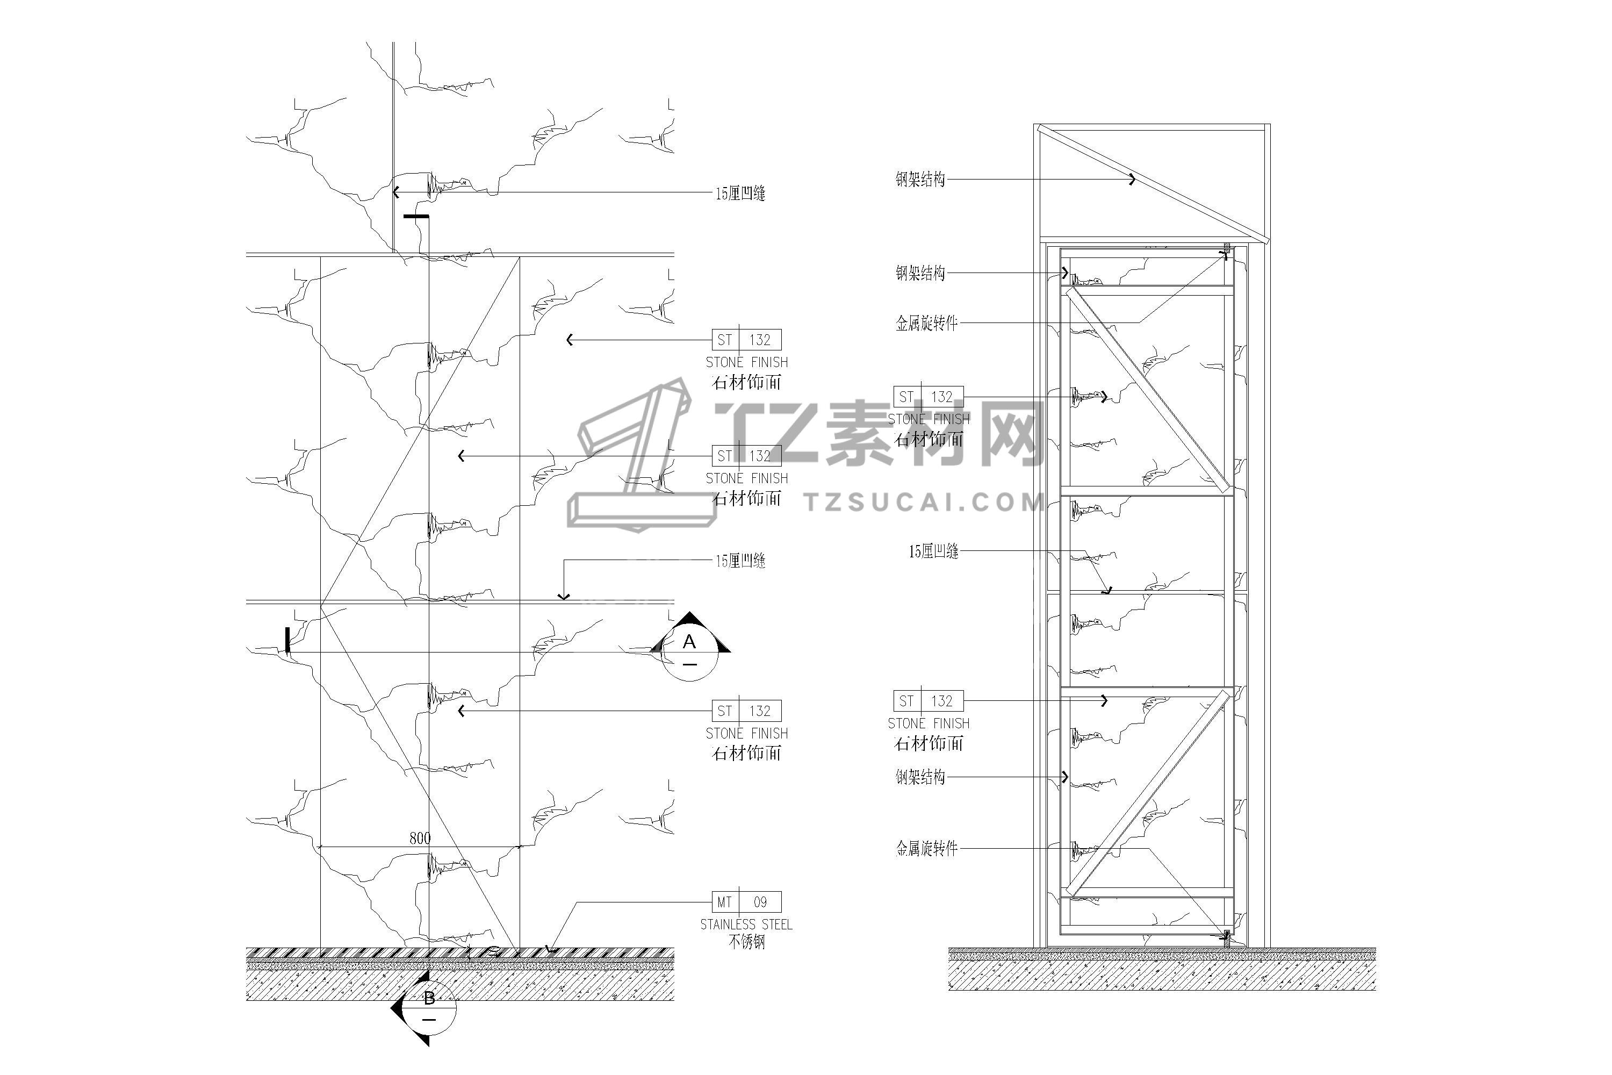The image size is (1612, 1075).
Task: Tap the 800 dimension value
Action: pyautogui.click(x=420, y=838)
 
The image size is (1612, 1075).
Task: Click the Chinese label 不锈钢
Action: pyautogui.click(x=746, y=942)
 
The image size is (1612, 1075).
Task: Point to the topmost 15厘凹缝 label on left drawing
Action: pyautogui.click(x=740, y=193)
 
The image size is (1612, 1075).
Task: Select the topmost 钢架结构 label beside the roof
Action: pyautogui.click(x=920, y=180)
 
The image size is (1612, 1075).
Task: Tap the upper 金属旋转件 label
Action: pyautogui.click(x=926, y=323)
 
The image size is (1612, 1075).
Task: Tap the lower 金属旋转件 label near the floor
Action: pyautogui.click(x=926, y=849)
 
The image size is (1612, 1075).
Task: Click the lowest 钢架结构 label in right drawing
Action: pyautogui.click(x=920, y=777)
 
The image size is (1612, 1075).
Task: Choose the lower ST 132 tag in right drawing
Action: pyautogui.click(x=928, y=701)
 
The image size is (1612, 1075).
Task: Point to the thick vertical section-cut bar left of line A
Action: pyautogui.click(x=287, y=640)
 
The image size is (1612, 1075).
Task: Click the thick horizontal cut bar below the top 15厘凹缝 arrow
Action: pyautogui.click(x=416, y=217)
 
